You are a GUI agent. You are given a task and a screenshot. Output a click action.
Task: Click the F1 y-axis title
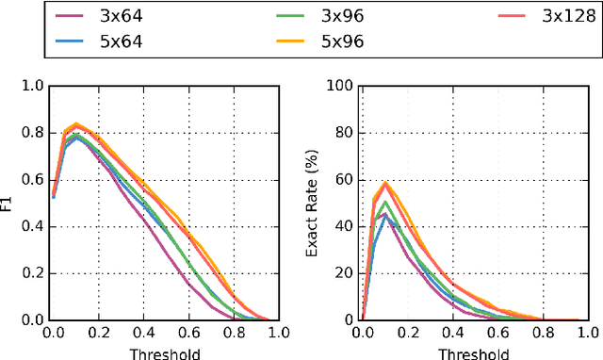tap(10, 203)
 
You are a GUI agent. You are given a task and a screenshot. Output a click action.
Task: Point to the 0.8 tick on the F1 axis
tap(34, 133)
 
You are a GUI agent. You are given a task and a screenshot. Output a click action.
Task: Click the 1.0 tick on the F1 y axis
tap(34, 86)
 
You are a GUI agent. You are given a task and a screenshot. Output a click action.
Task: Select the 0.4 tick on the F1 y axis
tap(34, 226)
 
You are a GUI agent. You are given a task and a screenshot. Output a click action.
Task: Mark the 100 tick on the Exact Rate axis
tap(343, 86)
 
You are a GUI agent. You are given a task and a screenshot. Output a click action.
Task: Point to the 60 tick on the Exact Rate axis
tap(346, 179)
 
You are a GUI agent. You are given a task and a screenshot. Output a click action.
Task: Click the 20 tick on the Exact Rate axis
tap(346, 273)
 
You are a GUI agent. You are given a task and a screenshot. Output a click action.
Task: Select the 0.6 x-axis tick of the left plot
tap(187, 333)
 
